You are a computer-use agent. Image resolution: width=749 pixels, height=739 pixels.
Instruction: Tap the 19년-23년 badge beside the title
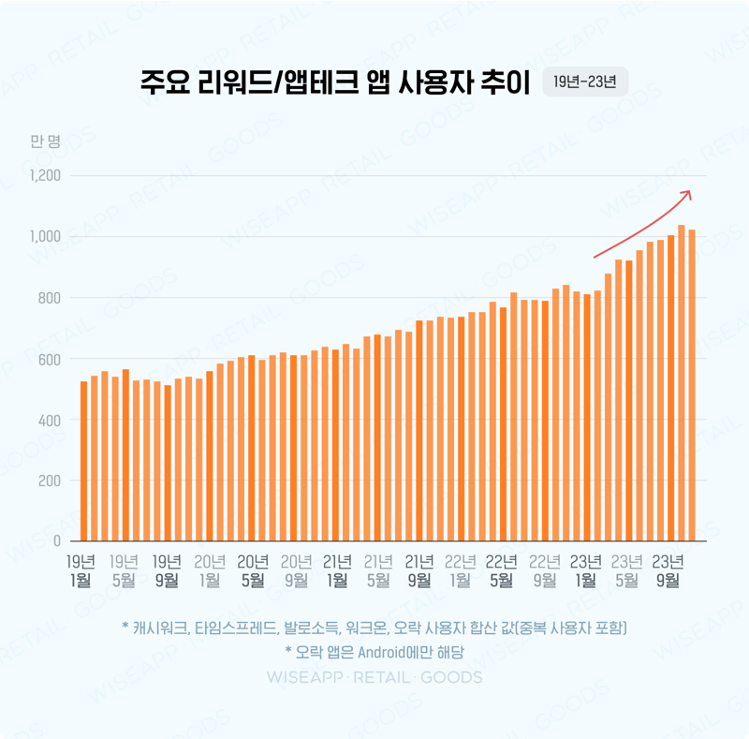coord(584,81)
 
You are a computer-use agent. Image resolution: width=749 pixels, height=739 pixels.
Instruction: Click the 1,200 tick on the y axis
coord(44,176)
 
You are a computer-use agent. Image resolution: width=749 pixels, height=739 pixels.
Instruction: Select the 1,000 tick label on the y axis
coord(44,237)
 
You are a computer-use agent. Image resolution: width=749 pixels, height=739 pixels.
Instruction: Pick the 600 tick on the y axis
coord(48,360)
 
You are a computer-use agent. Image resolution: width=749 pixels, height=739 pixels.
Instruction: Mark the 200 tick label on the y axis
coord(48,481)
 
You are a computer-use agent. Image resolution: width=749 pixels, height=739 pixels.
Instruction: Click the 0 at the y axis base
coord(56,541)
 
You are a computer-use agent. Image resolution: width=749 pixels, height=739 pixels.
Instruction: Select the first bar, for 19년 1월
coord(83,461)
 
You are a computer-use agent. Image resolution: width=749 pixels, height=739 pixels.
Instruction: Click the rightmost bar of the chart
coord(692,385)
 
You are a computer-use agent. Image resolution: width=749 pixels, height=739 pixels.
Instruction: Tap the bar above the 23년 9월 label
coord(670,388)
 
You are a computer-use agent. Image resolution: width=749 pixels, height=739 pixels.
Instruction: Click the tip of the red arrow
coord(690,192)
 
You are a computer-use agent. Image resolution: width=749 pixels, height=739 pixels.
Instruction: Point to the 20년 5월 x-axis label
coord(252,570)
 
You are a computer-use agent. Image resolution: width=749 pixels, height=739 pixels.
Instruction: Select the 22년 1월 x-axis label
coord(461,570)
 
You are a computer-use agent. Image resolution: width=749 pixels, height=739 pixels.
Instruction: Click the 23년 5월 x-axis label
coord(627,570)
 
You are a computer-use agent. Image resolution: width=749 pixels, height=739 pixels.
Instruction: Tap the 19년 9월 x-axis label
coord(167,570)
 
